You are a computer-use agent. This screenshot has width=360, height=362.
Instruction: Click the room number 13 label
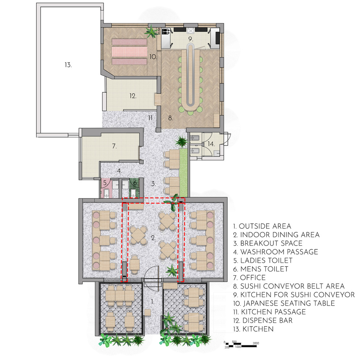[68, 65]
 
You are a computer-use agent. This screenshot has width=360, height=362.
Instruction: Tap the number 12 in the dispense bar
[133, 96]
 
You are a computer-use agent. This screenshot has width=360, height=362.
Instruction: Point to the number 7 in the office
[114, 146]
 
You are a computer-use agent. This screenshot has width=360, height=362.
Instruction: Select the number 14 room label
[211, 144]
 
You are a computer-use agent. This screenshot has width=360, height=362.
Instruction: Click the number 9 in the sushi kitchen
[191, 39]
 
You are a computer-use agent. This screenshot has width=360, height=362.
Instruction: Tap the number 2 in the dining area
[153, 238]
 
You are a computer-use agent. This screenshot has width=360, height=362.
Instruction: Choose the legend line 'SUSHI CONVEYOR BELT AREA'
[289, 286]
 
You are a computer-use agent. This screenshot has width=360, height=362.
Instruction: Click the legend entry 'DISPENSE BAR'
[263, 320]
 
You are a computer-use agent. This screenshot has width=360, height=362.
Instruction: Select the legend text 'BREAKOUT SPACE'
[268, 243]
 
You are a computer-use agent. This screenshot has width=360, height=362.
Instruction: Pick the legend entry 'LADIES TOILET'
[263, 260]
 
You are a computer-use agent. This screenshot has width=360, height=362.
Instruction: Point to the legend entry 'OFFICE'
[250, 278]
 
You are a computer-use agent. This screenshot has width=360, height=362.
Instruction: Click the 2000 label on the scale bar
[256, 343]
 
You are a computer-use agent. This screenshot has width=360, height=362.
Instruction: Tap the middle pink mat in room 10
[130, 52]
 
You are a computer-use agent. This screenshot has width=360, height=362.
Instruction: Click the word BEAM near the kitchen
[159, 31]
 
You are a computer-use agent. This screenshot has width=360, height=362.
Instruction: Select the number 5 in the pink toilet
[105, 183]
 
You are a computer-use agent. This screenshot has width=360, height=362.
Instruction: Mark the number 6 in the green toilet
[135, 183]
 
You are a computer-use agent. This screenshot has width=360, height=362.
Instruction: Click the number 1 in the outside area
[152, 302]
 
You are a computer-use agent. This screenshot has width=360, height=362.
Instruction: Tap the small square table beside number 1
[148, 313]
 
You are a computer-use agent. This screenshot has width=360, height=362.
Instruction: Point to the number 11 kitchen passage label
[151, 118]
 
